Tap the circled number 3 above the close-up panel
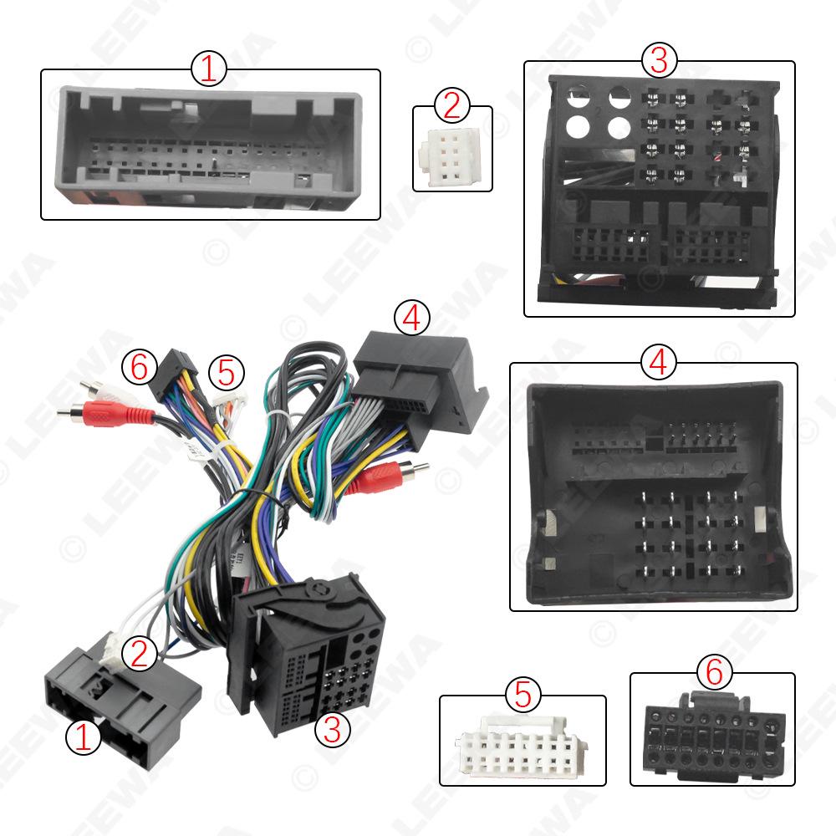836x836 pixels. (x=659, y=61)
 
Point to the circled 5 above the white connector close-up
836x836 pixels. (x=522, y=695)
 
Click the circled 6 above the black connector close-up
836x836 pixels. (x=712, y=672)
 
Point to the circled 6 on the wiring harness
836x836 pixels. (x=139, y=365)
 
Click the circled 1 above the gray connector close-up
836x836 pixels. (x=209, y=69)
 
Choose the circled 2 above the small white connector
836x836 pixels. (x=451, y=106)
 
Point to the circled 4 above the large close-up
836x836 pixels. (x=657, y=362)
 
